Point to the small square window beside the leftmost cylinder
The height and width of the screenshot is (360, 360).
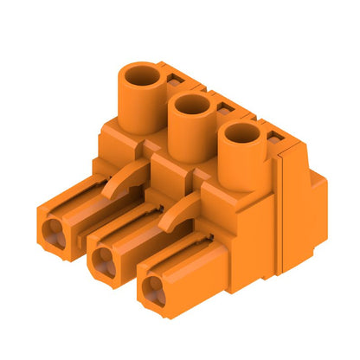(x=173, y=80)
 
